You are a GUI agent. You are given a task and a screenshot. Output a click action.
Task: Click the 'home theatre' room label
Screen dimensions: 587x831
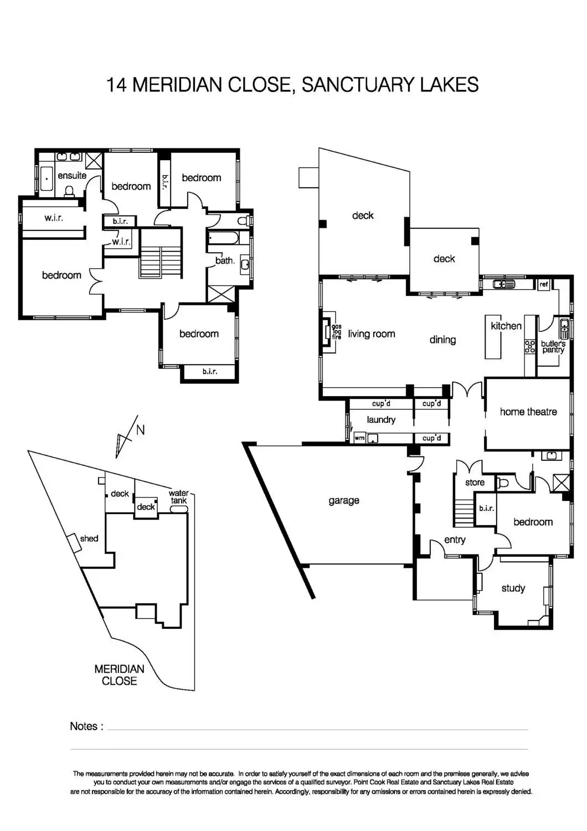click(x=528, y=412)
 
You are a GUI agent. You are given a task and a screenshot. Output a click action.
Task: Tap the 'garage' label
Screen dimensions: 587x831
click(x=344, y=501)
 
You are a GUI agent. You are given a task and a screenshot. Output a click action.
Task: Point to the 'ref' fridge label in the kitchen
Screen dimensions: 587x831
click(x=543, y=284)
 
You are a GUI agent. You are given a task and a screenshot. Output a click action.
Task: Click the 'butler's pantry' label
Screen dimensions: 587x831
click(x=553, y=347)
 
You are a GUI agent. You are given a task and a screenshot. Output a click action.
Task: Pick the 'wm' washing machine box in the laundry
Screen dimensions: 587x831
click(x=359, y=438)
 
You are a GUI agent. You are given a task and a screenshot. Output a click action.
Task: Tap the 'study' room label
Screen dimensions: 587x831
click(x=513, y=588)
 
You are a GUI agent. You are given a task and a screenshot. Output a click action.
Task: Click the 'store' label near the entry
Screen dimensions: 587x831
click(x=475, y=483)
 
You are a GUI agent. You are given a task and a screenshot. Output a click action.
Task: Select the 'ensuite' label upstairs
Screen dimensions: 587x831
click(x=72, y=176)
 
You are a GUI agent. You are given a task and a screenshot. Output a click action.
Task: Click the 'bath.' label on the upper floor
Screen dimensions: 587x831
click(x=225, y=260)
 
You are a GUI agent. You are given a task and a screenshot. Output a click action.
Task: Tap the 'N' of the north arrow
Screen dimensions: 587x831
click(x=140, y=430)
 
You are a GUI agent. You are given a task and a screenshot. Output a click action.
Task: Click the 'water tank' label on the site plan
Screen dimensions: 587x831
click(x=178, y=497)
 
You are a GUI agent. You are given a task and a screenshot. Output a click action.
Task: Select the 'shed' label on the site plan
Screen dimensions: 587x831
click(x=89, y=538)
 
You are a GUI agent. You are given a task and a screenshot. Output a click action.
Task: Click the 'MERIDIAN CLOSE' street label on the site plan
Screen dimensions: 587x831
click(x=119, y=675)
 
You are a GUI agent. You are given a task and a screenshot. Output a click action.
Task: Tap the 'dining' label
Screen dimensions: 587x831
click(x=442, y=340)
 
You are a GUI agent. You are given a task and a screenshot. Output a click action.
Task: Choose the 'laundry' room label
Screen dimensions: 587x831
click(x=381, y=420)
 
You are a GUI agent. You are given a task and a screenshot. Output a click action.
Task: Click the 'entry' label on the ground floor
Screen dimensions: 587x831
click(x=455, y=540)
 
